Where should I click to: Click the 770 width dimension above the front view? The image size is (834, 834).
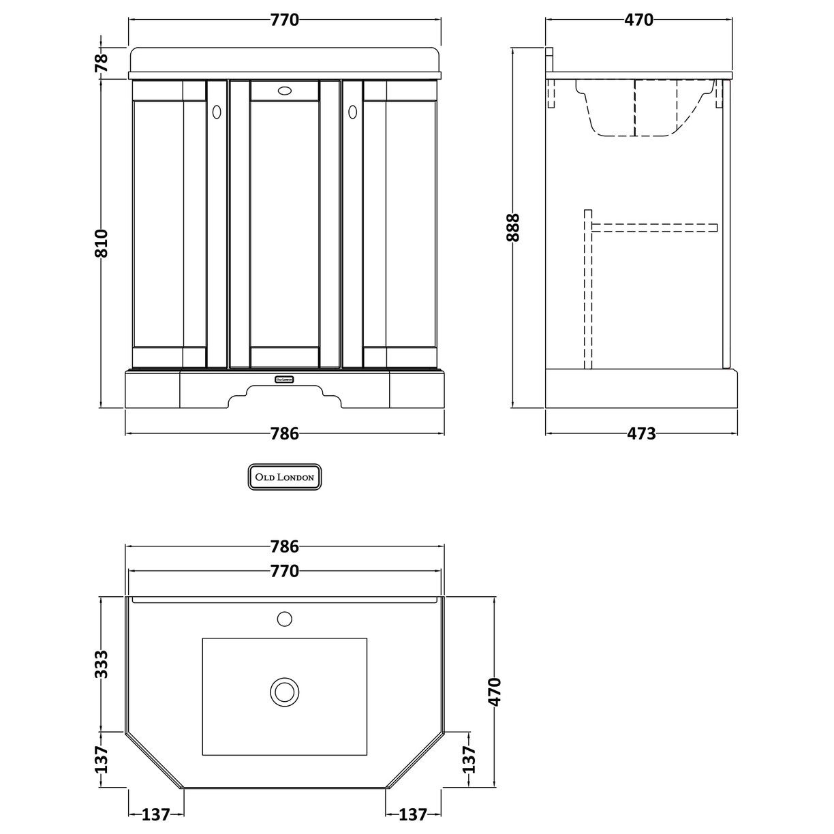click(x=284, y=20)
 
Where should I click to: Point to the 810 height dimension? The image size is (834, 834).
click(x=101, y=243)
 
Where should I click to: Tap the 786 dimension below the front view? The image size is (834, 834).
click(x=284, y=433)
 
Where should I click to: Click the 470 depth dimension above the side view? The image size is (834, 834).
click(x=638, y=20)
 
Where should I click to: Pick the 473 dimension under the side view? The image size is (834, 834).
click(x=640, y=433)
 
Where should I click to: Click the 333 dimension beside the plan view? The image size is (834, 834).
click(x=101, y=665)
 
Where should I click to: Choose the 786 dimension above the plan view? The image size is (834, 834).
click(x=284, y=546)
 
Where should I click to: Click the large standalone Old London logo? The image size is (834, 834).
click(x=284, y=478)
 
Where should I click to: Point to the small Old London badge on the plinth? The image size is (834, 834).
click(x=284, y=379)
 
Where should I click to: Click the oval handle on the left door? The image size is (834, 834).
click(x=217, y=110)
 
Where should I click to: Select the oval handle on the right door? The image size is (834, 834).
click(x=353, y=110)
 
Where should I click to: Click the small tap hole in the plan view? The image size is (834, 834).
click(x=284, y=619)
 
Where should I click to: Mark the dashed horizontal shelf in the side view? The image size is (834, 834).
click(x=654, y=227)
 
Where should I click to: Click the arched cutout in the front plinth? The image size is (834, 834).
click(x=284, y=396)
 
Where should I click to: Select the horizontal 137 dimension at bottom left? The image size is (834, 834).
click(x=155, y=814)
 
